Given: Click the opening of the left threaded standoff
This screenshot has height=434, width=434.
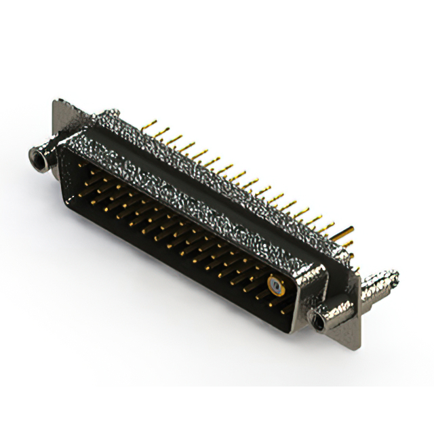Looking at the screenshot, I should (x=35, y=160).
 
